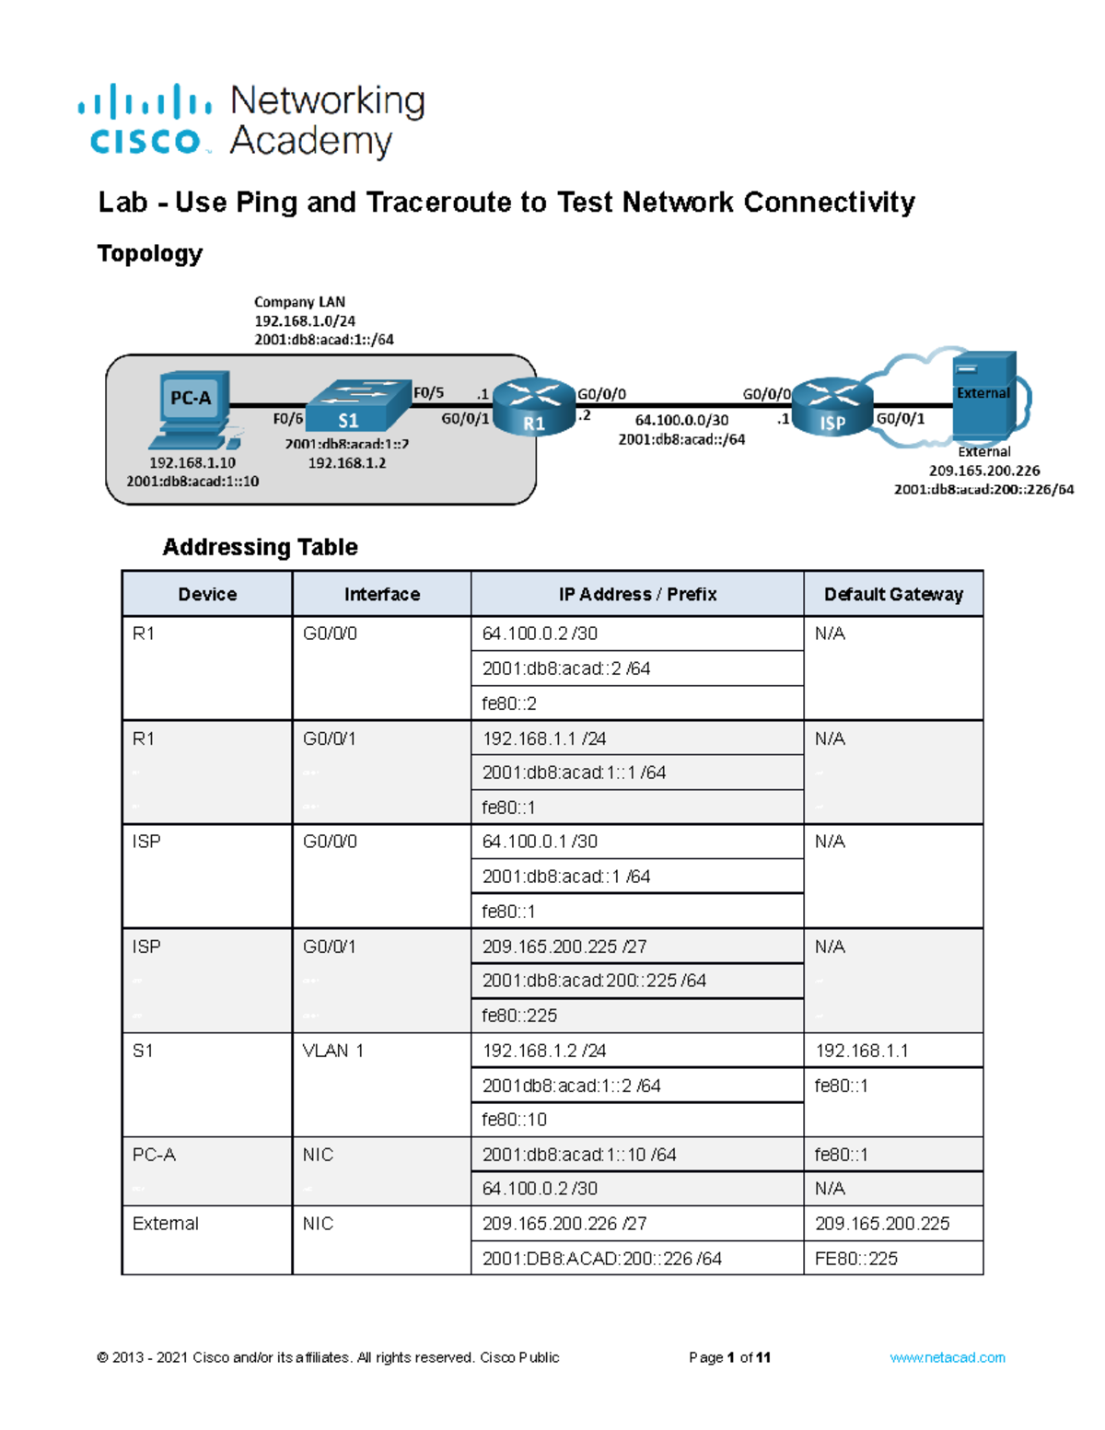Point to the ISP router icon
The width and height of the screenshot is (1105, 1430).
[x=832, y=406]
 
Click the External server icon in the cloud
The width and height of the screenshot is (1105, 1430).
[x=984, y=394]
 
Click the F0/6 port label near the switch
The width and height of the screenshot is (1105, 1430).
[x=287, y=419]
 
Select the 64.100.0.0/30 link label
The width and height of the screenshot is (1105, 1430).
[x=681, y=420]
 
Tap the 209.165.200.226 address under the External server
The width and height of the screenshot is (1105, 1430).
[x=983, y=471]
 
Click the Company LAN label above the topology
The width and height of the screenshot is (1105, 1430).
[x=299, y=302]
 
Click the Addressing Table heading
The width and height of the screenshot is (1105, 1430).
[x=260, y=547]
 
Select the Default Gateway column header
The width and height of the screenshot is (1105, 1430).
[x=893, y=594]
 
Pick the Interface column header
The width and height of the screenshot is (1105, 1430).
[x=381, y=594]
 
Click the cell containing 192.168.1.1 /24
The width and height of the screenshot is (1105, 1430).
[x=544, y=738]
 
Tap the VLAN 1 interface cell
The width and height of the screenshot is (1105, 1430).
[x=333, y=1051]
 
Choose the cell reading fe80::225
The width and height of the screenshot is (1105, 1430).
[x=519, y=1016]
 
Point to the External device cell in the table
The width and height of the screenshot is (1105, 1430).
[x=166, y=1224]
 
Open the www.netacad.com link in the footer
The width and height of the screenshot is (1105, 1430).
[x=947, y=1357]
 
